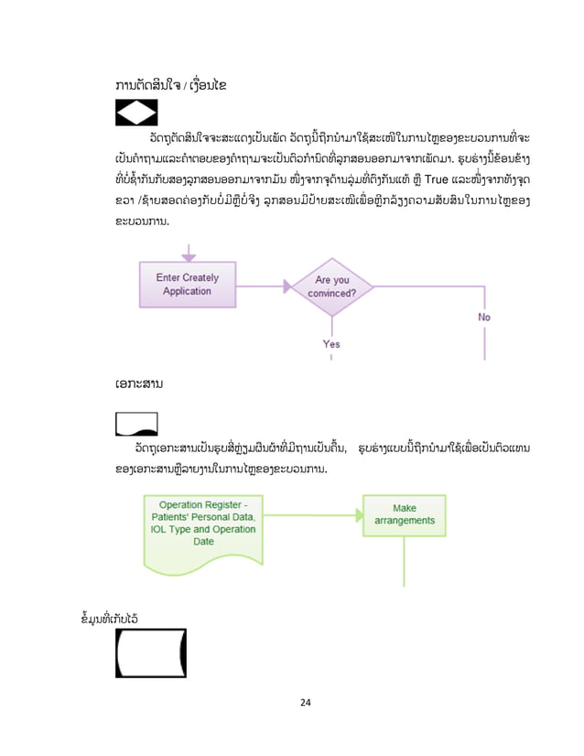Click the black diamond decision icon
[x=136, y=112]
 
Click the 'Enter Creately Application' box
[x=187, y=285]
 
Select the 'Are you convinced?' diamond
[x=331, y=286]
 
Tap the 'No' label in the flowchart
[x=484, y=317]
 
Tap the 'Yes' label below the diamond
[x=331, y=344]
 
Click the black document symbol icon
[x=136, y=424]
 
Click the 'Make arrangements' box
[x=404, y=515]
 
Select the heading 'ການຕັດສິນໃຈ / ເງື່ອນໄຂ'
[x=172, y=85]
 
